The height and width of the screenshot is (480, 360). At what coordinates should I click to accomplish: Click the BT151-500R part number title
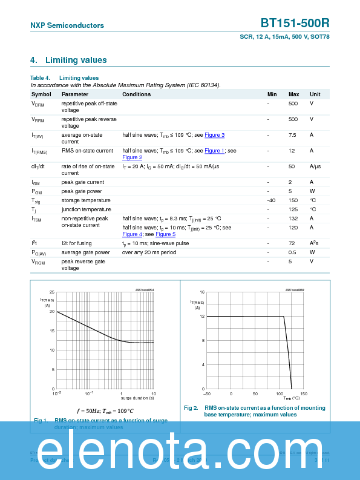click(x=295, y=23)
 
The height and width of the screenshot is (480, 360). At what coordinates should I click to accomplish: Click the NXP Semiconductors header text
click(x=67, y=25)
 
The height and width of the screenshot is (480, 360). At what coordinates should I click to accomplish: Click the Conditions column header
click(x=136, y=94)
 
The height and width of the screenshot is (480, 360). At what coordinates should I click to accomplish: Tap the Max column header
click(x=293, y=94)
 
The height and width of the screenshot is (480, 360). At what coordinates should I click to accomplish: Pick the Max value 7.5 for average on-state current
click(x=292, y=134)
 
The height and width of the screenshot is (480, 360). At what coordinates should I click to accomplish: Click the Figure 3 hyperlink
click(x=214, y=135)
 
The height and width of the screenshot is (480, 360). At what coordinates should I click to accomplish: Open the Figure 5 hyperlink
click(x=165, y=234)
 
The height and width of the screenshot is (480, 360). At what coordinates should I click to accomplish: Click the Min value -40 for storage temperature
click(x=272, y=200)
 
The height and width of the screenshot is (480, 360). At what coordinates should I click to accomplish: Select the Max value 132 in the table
click(x=293, y=218)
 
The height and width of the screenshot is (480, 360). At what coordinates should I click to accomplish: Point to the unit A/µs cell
click(x=315, y=166)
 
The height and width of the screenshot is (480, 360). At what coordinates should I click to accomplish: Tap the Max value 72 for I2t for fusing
click(x=292, y=243)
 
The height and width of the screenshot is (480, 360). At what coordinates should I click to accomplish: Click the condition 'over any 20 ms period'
click(x=149, y=252)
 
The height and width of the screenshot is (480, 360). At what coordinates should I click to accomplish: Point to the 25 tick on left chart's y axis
click(x=52, y=292)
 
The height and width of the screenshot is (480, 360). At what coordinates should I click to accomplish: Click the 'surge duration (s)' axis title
click(x=137, y=398)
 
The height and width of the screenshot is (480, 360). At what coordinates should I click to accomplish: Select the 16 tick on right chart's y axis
click(x=202, y=292)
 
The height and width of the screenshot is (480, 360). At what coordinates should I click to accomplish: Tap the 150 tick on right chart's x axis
click(x=303, y=393)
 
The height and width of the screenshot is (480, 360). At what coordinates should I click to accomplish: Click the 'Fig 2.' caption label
click(x=191, y=408)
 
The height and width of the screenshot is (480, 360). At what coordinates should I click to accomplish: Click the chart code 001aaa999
click(x=295, y=290)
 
